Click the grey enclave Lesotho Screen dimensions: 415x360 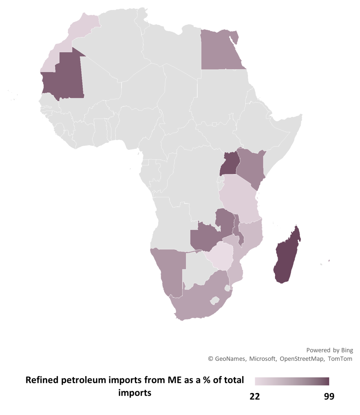coord(215,299)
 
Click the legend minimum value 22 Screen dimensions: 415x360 coord(255,396)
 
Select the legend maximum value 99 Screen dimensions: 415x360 coord(329,396)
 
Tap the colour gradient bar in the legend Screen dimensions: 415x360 coord(292,381)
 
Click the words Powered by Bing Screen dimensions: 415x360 coord(329,350)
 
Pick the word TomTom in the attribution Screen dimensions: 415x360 coord(340,359)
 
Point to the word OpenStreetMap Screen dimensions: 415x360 coord(301,359)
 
